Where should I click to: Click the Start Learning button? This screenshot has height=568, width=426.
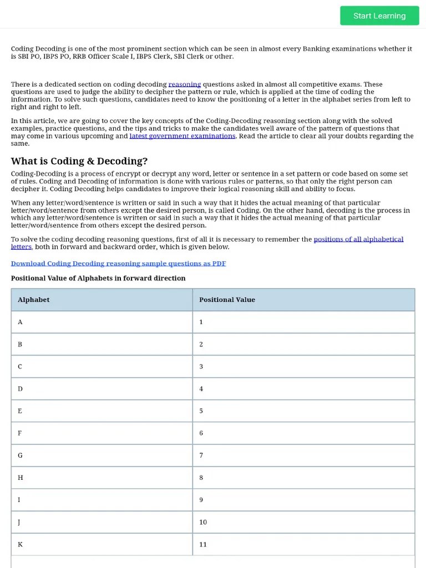click(x=379, y=16)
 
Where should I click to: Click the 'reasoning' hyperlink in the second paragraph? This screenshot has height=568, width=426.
click(x=185, y=84)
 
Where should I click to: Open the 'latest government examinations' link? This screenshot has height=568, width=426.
click(x=182, y=136)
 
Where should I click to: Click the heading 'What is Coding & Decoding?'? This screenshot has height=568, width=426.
click(x=79, y=161)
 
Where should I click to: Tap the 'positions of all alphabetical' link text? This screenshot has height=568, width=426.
click(x=358, y=239)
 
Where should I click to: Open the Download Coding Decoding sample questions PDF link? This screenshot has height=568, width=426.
click(x=118, y=263)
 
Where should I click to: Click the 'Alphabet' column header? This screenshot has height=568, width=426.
click(x=33, y=300)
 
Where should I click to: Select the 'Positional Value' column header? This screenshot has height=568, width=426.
click(x=227, y=300)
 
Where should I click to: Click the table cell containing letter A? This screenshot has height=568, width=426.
click(x=20, y=322)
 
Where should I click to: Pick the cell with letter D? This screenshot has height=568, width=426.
click(x=20, y=388)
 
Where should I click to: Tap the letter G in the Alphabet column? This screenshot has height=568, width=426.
click(x=20, y=455)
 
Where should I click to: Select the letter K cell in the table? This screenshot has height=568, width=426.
click(x=20, y=544)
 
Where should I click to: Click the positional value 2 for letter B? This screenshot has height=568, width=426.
click(x=201, y=344)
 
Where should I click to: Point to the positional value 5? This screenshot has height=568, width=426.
click(x=201, y=411)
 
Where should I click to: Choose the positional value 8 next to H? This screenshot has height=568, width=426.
click(x=201, y=478)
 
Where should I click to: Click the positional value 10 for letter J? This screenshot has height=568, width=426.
click(x=202, y=522)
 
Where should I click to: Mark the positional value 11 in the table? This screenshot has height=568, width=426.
click(x=202, y=544)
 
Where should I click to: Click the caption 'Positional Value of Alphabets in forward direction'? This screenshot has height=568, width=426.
click(x=98, y=278)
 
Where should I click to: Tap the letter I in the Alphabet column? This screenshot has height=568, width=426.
click(x=19, y=500)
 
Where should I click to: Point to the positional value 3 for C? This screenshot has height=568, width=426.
click(x=201, y=366)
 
